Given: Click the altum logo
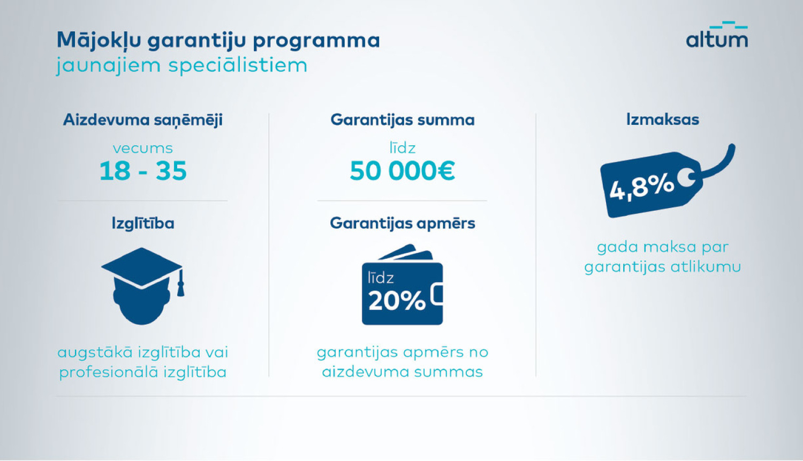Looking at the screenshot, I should [x=717, y=35].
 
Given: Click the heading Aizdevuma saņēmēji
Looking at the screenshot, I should [x=143, y=120].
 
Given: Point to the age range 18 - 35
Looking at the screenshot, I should [x=143, y=171].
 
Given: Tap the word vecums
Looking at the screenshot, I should [x=143, y=148].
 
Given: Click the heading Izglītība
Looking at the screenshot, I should [x=143, y=223].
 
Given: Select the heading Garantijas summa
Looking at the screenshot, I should [x=403, y=120].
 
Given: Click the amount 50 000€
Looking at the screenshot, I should [x=403, y=171].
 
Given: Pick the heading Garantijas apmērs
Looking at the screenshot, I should [x=403, y=223].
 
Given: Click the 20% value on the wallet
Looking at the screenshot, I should [x=397, y=301].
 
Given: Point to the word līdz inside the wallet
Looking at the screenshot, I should [x=381, y=278].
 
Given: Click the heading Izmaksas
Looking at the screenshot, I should [x=663, y=119].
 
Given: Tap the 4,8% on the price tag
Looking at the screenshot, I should [x=641, y=188].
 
